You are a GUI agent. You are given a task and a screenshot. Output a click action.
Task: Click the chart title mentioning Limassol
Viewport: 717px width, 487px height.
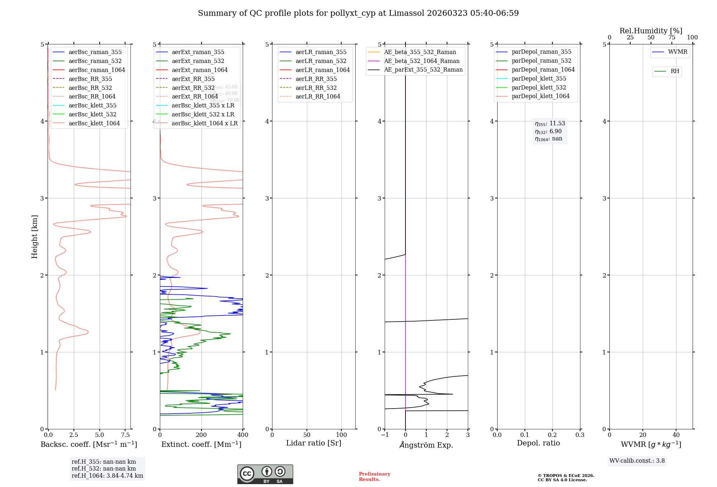pyautogui.click(x=358, y=13)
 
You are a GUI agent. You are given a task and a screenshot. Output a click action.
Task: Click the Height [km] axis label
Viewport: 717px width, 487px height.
pyautogui.click(x=34, y=237)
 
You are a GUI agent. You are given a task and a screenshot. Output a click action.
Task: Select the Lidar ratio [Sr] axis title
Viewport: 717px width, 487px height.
pyautogui.click(x=314, y=443)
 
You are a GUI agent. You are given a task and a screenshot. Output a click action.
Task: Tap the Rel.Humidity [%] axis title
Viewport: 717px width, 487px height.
pyautogui.click(x=651, y=31)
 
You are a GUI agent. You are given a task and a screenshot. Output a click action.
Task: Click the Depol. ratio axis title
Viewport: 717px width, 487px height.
pyautogui.click(x=538, y=443)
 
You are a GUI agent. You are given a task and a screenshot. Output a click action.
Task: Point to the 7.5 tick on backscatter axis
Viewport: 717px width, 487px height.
pyautogui.click(x=125, y=435)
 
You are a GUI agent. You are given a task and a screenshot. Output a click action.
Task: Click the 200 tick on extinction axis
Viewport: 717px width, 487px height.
pyautogui.click(x=201, y=435)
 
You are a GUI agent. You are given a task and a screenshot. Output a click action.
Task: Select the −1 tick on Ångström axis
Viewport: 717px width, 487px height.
pyautogui.click(x=384, y=435)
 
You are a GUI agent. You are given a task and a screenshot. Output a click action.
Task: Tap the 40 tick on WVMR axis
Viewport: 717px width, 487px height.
pyautogui.click(x=676, y=435)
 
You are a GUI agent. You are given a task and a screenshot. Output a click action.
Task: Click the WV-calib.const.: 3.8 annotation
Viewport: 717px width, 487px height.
pyautogui.click(x=637, y=461)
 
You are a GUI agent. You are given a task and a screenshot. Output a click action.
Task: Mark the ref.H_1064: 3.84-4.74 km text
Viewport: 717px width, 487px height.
pyautogui.click(x=107, y=476)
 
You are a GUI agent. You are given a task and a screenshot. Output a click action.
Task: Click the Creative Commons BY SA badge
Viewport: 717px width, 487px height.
pyautogui.click(x=265, y=474)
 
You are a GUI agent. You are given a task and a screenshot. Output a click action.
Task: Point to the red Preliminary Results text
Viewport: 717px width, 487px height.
pyautogui.click(x=374, y=477)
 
